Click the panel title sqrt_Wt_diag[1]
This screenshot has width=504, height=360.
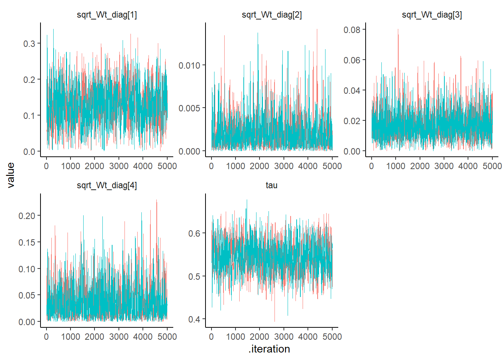pyautogui.click(x=106, y=15)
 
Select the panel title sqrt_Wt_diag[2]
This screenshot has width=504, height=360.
pyautogui.click(x=271, y=15)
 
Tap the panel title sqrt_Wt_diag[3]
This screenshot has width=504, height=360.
pyautogui.click(x=432, y=15)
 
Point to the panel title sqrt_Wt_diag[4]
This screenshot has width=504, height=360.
pyautogui.click(x=106, y=185)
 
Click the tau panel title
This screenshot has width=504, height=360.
pyautogui.click(x=271, y=185)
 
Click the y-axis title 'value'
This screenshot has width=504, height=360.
pyautogui.click(x=10, y=175)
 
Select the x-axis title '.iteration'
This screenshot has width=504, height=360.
pyautogui.click(x=269, y=349)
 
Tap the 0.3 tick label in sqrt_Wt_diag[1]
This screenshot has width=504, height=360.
pyautogui.click(x=29, y=44)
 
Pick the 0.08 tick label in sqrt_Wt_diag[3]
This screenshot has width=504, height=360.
pyautogui.click(x=352, y=30)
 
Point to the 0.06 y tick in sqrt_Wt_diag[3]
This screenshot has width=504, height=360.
pyautogui.click(x=352, y=60)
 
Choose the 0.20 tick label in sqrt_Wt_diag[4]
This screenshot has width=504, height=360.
pyautogui.click(x=27, y=216)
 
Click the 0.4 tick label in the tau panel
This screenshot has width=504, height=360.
pyautogui.click(x=194, y=319)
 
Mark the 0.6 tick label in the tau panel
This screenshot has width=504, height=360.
pyautogui.click(x=194, y=234)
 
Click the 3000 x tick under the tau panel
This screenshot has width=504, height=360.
pyautogui.click(x=283, y=337)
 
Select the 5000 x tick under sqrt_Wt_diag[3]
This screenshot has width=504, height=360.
pyautogui.click(x=492, y=166)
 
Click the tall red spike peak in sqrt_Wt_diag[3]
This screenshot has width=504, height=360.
pyautogui.click(x=398, y=30)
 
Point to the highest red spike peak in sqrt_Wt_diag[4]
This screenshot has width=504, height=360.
pyautogui.click(x=156, y=200)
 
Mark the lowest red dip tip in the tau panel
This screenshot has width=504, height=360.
pyautogui.click(x=274, y=321)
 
